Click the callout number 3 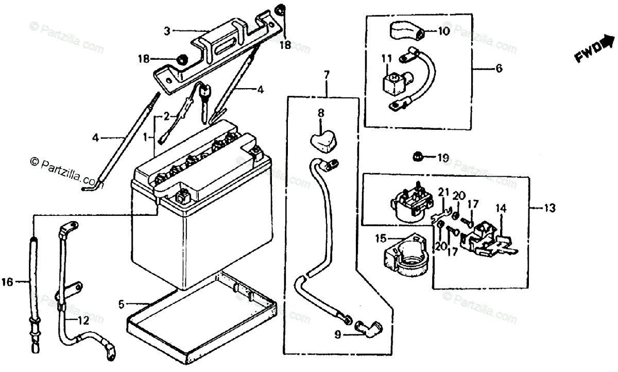pyautogui.click(x=167, y=31)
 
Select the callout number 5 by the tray pyautogui.click(x=121, y=304)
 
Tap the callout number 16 pyautogui.click(x=7, y=281)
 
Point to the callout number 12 pyautogui.click(x=82, y=320)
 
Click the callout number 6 pyautogui.click(x=499, y=68)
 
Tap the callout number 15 pyautogui.click(x=381, y=239)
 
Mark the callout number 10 pyautogui.click(x=444, y=31)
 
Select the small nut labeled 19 pyautogui.click(x=418, y=156)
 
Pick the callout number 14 pyautogui.click(x=501, y=208)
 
